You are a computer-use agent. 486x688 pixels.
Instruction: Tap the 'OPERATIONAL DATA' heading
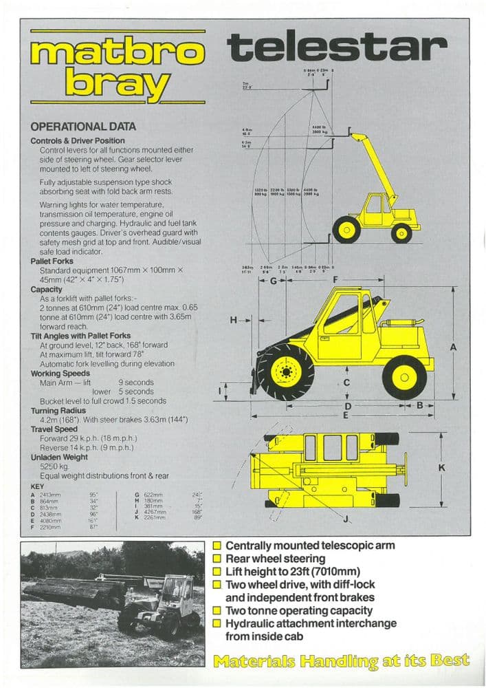point(83,127)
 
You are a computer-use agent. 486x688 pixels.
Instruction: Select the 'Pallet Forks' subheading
point(53,261)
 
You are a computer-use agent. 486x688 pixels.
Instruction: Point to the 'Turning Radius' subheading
point(59,411)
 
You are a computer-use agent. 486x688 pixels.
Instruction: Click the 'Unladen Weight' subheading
point(59,457)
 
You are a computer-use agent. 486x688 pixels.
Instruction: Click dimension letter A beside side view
point(453,347)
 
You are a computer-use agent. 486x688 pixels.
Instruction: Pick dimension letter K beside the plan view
point(441,468)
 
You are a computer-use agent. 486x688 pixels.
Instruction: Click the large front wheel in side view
point(285,372)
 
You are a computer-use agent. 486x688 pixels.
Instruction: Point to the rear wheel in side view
point(404,377)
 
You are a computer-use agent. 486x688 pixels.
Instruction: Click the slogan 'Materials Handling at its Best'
point(342,661)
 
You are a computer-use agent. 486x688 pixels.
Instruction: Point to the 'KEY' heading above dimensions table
point(38,486)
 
